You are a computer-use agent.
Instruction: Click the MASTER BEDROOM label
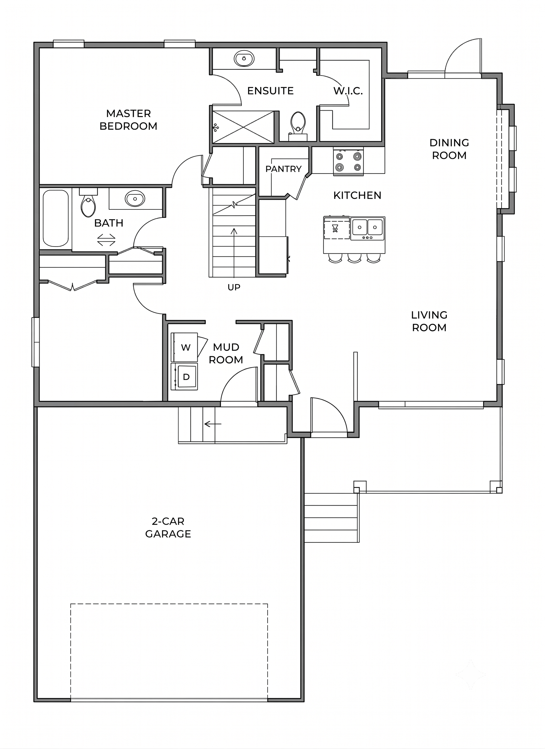click(x=129, y=120)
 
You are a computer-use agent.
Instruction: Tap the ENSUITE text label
click(x=270, y=91)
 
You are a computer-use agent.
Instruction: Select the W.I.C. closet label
click(x=348, y=91)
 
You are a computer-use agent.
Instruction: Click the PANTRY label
click(x=284, y=169)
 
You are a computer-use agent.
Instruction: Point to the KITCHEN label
click(x=357, y=195)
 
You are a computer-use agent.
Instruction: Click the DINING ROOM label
click(x=449, y=149)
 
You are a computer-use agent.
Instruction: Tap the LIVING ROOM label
click(x=429, y=321)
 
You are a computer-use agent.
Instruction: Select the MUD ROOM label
click(x=226, y=353)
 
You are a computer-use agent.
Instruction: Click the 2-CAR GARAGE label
click(x=168, y=528)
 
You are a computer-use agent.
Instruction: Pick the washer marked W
click(x=184, y=347)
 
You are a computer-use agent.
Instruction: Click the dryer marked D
click(x=184, y=376)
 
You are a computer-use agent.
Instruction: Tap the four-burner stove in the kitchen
click(x=348, y=161)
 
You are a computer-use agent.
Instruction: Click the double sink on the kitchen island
click(x=367, y=228)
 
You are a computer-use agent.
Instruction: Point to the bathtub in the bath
click(x=55, y=218)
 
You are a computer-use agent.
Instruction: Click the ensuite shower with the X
click(x=243, y=127)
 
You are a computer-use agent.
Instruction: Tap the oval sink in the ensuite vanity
click(x=244, y=59)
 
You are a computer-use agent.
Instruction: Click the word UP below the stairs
click(x=234, y=287)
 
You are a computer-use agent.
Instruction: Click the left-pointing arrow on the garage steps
click(x=213, y=424)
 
